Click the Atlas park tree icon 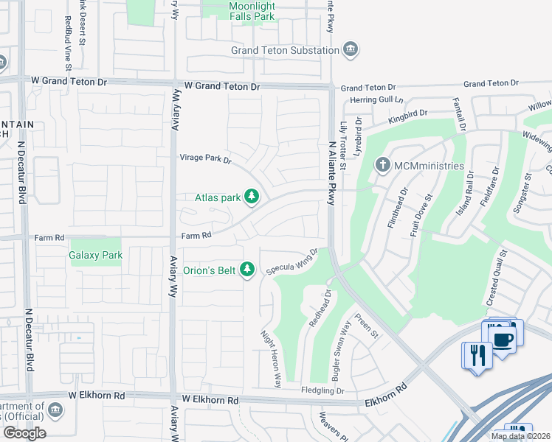pos(252,197)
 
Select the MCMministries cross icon pos(382,165)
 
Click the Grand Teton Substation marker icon pos(351,50)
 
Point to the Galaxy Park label pos(94,256)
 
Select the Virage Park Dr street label pos(206,158)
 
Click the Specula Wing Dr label pos(291,261)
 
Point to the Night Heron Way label pos(272,359)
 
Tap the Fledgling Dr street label pos(322,390)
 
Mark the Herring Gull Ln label pos(377,99)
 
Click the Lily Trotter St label pos(342,148)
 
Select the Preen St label pos(366,325)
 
